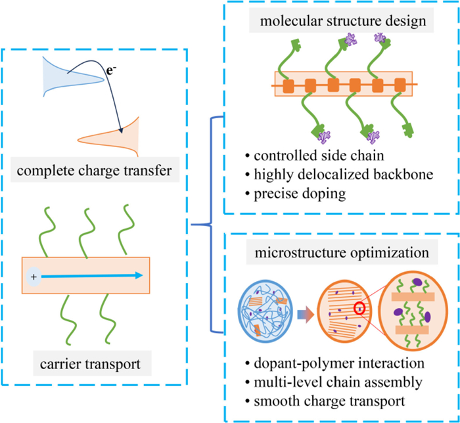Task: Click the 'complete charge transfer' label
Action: coord(94,170)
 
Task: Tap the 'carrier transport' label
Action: coord(90,364)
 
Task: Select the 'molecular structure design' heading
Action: coord(343,21)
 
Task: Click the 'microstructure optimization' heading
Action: coord(342,252)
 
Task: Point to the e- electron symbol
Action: coord(111,71)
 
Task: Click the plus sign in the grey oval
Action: coord(34,277)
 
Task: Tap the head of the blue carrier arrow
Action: coord(139,275)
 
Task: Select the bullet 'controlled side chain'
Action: coord(315,156)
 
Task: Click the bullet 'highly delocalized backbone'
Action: coord(340,175)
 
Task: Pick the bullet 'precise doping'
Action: coord(296,194)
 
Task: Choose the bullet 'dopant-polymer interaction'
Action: coord(335,363)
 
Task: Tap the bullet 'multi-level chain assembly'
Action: coord(334,382)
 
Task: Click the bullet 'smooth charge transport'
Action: coord(325,401)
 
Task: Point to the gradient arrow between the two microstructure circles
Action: coord(306,315)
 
